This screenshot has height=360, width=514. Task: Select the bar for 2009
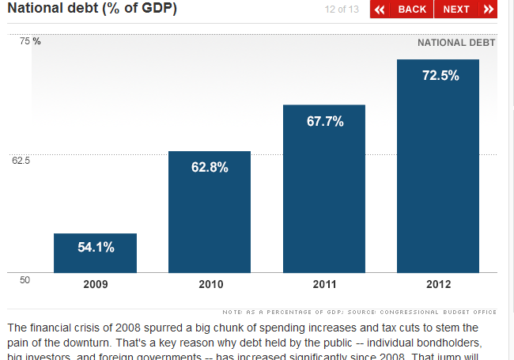pyautogui.click(x=95, y=253)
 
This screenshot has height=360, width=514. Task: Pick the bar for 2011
pyautogui.click(x=324, y=189)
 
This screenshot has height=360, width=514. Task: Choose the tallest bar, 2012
pyautogui.click(x=438, y=166)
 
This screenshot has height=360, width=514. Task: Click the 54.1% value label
pyautogui.click(x=96, y=247)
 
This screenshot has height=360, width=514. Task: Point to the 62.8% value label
pyautogui.click(x=210, y=167)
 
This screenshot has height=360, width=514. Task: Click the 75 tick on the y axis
pyautogui.click(x=25, y=41)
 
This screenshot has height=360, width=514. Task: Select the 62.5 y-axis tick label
pyautogui.click(x=21, y=161)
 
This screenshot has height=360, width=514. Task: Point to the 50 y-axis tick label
pyautogui.click(x=25, y=279)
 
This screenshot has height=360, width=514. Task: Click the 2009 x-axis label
pyautogui.click(x=96, y=284)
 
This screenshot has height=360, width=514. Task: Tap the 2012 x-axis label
pyautogui.click(x=439, y=284)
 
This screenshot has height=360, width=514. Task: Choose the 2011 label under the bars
pyautogui.click(x=324, y=284)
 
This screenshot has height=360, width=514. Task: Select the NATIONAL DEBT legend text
pyautogui.click(x=456, y=43)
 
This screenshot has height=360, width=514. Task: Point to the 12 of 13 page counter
pyautogui.click(x=342, y=9)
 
